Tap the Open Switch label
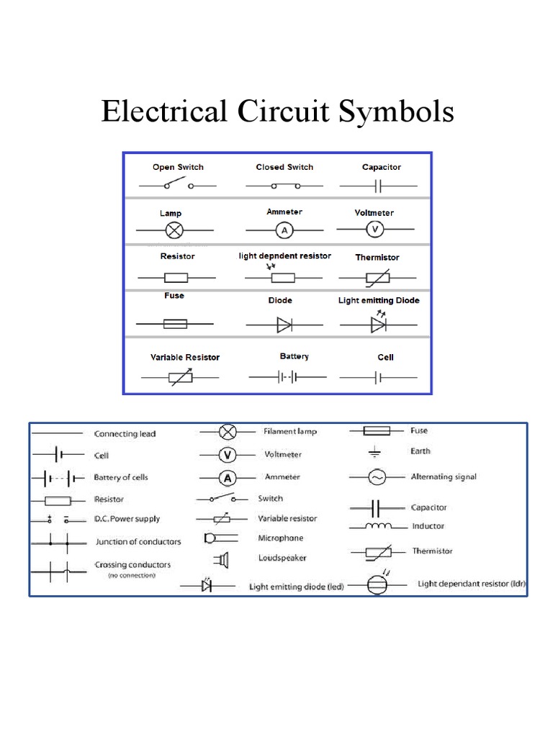178,167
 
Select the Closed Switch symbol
284,186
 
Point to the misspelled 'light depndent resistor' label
284,256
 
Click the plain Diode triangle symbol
284,325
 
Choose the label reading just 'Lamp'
171,214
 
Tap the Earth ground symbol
374,453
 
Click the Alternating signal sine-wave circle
377,476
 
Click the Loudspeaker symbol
221,559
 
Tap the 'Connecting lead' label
125,434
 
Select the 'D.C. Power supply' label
127,519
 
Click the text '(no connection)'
131,576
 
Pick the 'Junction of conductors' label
138,542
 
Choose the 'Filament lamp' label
290,431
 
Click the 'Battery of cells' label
121,477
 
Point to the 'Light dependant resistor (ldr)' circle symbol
377,584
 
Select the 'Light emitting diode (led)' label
296,587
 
